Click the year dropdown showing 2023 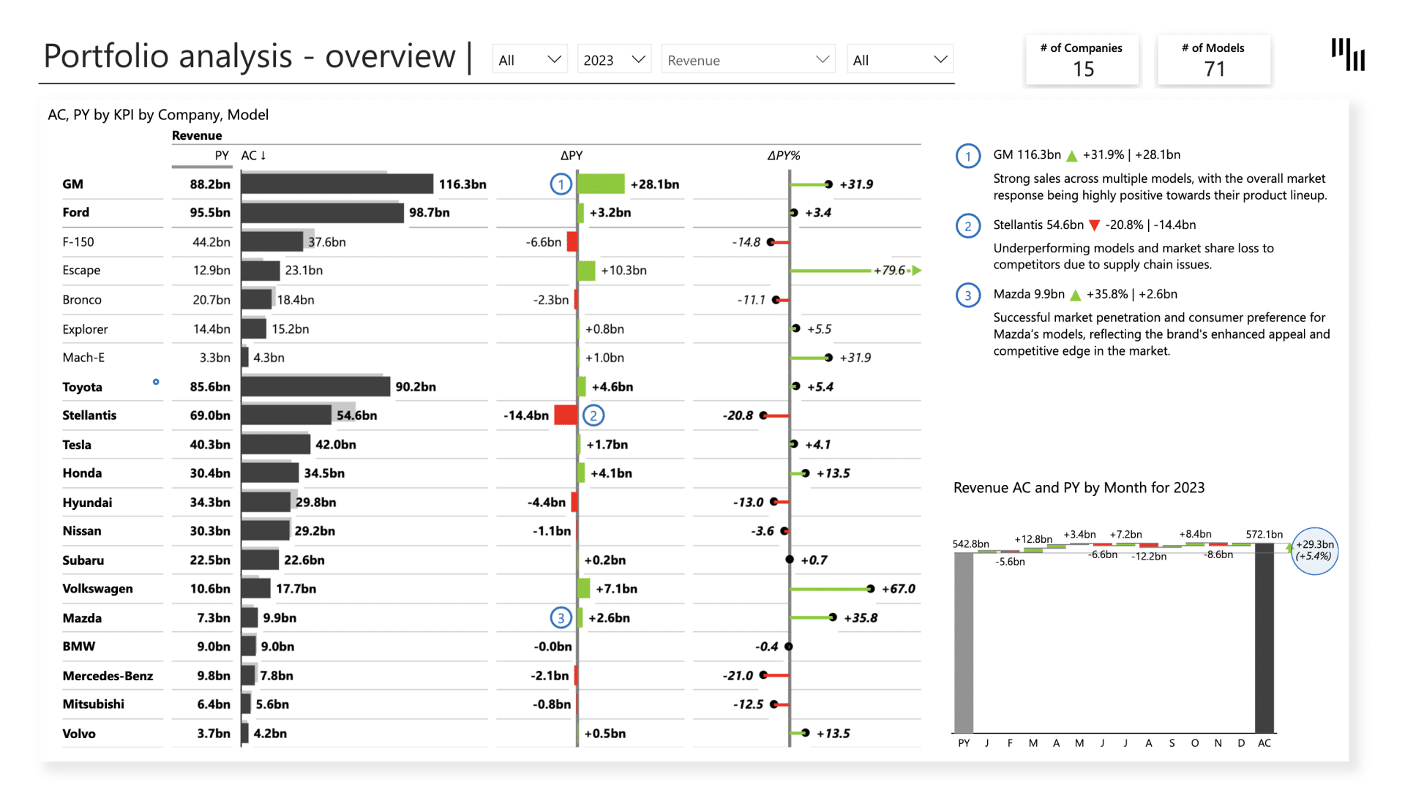[613, 60]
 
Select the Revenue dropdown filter [748, 60]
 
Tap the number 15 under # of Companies [1083, 69]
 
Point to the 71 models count [1214, 69]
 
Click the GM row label [73, 184]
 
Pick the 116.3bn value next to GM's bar [462, 184]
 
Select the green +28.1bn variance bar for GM [601, 184]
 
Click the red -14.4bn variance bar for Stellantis [565, 415]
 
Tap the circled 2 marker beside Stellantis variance [593, 415]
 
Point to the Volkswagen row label [97, 589]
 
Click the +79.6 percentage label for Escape [889, 271]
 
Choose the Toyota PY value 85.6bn [210, 387]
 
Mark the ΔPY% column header [783, 156]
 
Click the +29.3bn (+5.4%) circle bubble [1315, 551]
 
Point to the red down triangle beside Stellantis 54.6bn [1095, 225]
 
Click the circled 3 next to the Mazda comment [968, 295]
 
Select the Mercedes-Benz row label [108, 676]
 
